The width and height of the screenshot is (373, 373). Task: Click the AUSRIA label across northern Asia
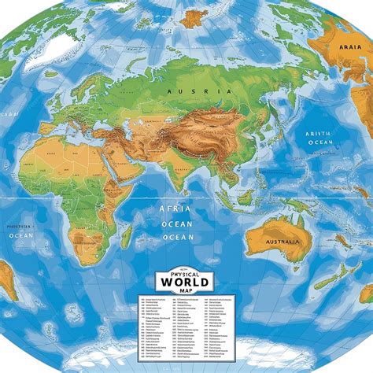tap(196, 92)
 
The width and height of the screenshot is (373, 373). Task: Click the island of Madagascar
tap(126, 236)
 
